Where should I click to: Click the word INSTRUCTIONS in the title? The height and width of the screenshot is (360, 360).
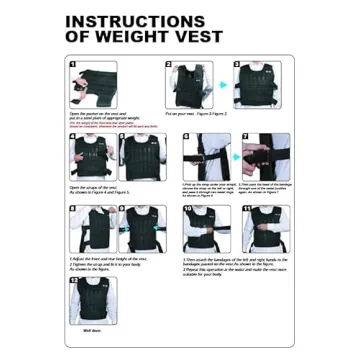click(135, 21)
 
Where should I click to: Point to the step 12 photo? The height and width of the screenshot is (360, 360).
click(90, 299)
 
